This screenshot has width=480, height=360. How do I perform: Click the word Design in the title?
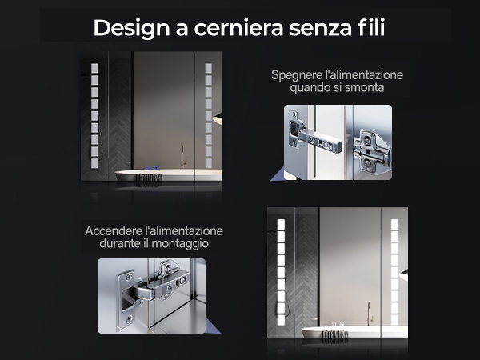coord(132,29)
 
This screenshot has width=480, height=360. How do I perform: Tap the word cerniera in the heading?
coord(238,29)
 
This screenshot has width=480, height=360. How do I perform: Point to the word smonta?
coord(364,88)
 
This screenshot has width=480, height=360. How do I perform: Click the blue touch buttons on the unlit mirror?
coord(151,168)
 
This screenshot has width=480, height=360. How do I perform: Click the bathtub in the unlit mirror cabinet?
coord(168,175)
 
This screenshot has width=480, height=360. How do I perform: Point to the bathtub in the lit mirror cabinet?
coord(354,332)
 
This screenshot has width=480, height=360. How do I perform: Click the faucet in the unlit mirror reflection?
coord(183,157)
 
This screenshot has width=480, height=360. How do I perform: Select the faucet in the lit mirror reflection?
coord(370,314)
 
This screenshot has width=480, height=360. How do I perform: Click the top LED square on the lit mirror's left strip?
coord(281,224)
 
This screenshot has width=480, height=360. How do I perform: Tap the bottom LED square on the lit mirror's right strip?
coord(394,320)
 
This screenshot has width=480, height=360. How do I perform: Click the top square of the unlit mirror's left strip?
coord(94,69)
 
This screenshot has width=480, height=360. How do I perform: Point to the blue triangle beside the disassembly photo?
coord(277,176)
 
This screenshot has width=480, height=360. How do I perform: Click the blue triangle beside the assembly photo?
coord(213,326)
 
